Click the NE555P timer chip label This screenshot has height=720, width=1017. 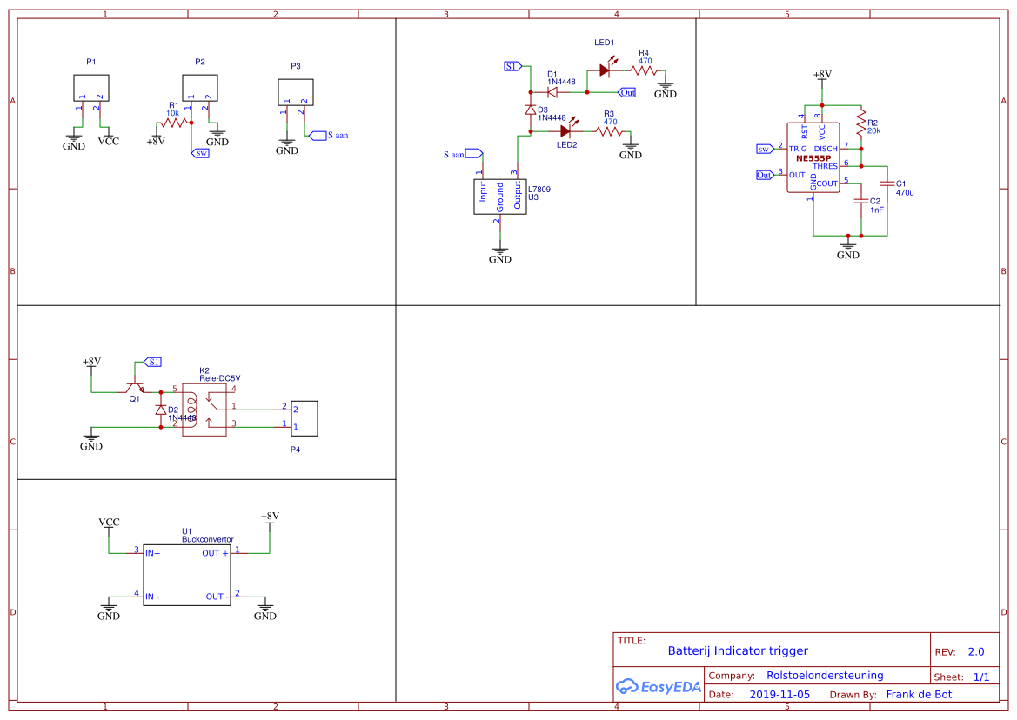coord(813,158)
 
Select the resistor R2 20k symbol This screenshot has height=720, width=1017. coord(860,123)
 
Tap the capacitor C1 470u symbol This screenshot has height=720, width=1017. coord(887,183)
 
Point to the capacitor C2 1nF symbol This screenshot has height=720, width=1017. coord(860,200)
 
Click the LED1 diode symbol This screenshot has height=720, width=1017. coord(604,70)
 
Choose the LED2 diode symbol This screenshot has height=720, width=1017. coord(565,131)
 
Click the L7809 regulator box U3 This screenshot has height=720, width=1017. coord(500,197)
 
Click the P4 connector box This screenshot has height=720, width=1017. coord(305,418)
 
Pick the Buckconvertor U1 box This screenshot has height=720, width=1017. coord(187,575)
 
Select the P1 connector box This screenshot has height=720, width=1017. coord(91,88)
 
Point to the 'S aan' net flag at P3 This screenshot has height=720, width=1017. coord(331,136)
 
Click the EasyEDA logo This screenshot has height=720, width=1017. coord(658,686)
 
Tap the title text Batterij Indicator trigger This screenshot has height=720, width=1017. coord(738,650)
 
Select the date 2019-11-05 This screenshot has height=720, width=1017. coord(779,695)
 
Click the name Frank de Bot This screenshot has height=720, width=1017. coord(919,694)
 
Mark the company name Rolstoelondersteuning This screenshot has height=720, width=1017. coord(825,675)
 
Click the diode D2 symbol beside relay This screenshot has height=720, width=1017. coord(160,410)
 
